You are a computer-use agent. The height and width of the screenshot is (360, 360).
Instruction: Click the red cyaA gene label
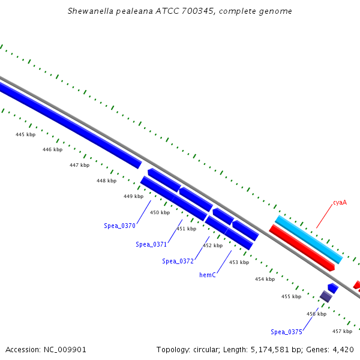coord(340,203)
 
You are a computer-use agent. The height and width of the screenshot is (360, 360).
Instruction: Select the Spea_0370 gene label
coord(119,226)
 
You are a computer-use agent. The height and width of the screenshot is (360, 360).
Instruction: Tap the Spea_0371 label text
coord(151,244)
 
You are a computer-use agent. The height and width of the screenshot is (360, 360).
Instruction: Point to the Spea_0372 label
coord(178,261)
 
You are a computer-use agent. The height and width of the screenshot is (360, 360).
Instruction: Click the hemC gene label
coord(208,275)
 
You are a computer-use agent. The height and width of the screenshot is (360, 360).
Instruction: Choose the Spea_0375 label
coord(286,332)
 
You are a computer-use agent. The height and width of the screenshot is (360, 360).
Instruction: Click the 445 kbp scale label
coord(25,134)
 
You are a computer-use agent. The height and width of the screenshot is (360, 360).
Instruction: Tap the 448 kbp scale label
coord(106,181)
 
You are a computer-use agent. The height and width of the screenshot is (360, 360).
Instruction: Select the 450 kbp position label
coord(160,212)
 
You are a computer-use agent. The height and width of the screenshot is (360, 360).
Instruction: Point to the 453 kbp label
coord(239,262)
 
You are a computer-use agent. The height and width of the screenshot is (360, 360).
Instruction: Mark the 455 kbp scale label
coord(291,296)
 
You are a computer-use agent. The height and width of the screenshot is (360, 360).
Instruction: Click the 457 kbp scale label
coord(342,331)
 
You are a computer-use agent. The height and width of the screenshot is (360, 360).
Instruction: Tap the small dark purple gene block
coord(326,296)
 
